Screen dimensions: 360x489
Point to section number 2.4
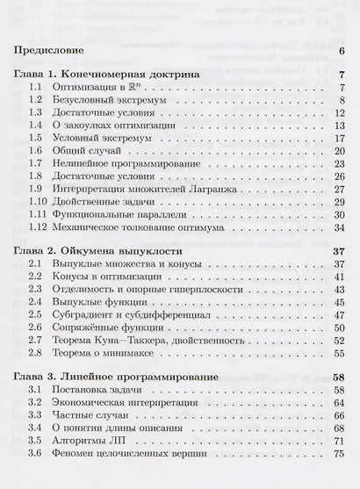[x=36, y=301]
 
